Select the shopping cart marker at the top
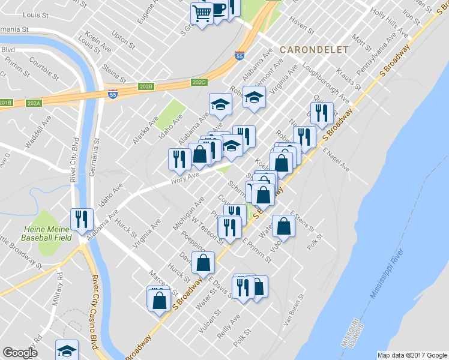[x=202, y=13]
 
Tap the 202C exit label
[x=199, y=82]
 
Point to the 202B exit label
[x=146, y=86]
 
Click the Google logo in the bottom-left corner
[x=20, y=352]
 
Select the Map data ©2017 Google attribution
[x=411, y=355]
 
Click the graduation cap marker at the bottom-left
[x=67, y=350]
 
